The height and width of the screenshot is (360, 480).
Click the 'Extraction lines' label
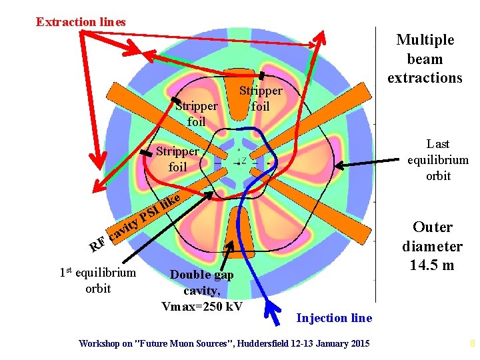tap(81, 22)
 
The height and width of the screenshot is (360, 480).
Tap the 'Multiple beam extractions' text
tap(425, 59)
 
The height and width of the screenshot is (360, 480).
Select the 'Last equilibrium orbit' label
tap(438, 160)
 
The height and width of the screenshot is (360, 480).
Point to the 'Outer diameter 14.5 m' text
tap(432, 246)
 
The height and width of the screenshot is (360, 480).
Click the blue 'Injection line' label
tap(334, 318)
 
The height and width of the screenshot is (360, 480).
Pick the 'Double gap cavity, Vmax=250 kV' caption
tap(201, 290)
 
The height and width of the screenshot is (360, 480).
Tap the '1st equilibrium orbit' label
tap(98, 280)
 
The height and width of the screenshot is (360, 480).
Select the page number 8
tap(472, 344)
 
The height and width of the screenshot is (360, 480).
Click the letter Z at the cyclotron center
tap(244, 160)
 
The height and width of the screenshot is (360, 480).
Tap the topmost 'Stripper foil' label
tap(261, 98)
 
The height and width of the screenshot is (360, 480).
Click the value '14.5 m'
tap(432, 265)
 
